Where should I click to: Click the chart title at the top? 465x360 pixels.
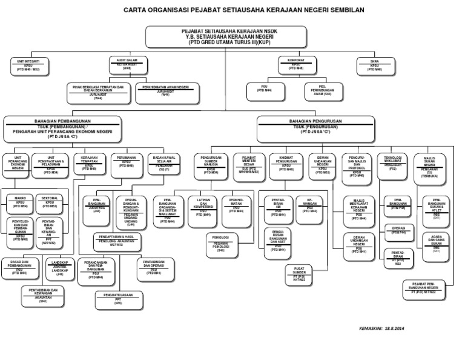236,10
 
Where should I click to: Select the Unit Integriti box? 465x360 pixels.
28,65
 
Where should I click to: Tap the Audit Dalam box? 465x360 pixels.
127,64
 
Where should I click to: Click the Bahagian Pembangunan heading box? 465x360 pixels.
62,128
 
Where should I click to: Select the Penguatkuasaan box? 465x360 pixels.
118,298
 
